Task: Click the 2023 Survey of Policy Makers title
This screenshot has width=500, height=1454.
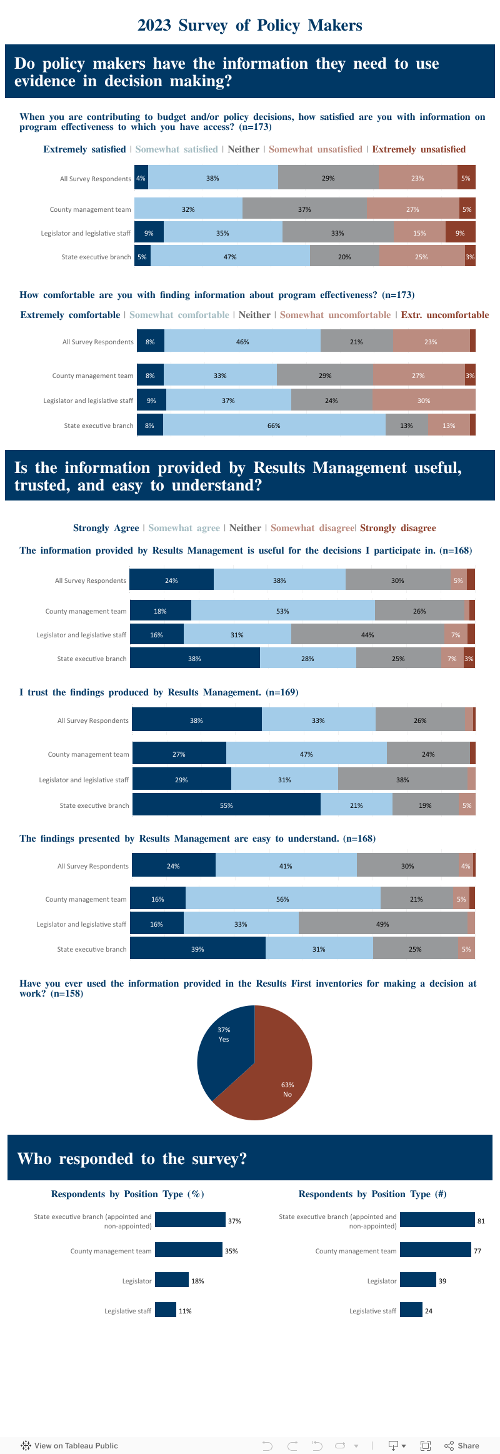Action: [x=250, y=26]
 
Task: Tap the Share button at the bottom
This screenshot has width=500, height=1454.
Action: [x=462, y=1445]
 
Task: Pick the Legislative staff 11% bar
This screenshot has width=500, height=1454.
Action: [x=166, y=1310]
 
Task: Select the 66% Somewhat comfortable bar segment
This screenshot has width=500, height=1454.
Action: [x=274, y=426]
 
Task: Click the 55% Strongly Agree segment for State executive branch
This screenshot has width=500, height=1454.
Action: [x=226, y=805]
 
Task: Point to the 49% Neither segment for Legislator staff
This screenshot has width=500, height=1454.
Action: [x=382, y=924]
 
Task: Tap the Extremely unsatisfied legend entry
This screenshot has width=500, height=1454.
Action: [x=419, y=149]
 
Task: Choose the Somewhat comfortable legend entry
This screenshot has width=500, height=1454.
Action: [x=179, y=315]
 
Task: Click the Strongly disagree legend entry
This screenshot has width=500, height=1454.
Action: [x=398, y=528]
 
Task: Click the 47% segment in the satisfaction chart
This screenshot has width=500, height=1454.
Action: [x=230, y=257]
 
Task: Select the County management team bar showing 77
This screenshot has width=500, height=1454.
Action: [x=436, y=1250]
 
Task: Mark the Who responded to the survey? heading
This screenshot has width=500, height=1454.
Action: [x=132, y=1159]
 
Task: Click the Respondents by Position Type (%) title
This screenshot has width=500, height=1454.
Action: [x=127, y=1194]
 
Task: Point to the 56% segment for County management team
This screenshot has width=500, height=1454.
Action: [x=282, y=899]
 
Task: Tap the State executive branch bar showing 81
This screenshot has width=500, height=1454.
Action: [x=437, y=1220]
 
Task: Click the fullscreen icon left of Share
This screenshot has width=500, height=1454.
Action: [x=426, y=1445]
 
